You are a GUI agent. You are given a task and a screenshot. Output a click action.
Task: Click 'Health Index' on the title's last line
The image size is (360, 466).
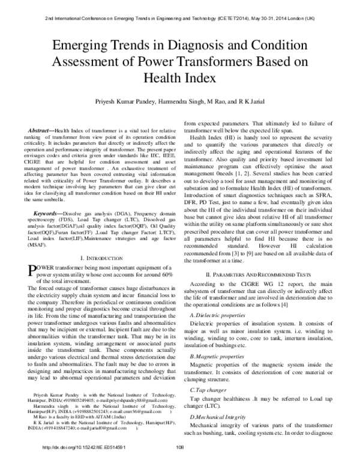179,79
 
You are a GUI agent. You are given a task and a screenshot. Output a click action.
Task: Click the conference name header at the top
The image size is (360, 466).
180,19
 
